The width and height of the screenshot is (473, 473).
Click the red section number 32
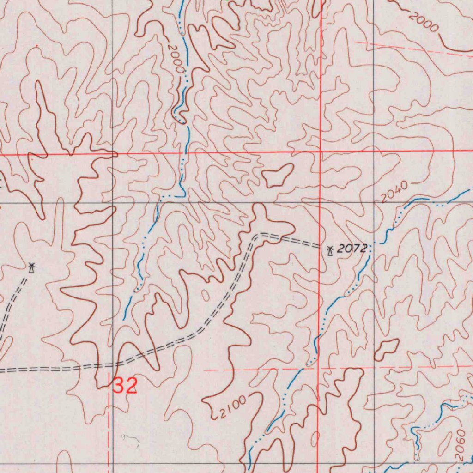click(x=125, y=385)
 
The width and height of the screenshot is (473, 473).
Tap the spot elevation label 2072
click(x=352, y=249)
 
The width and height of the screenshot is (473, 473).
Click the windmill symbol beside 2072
click(x=330, y=251)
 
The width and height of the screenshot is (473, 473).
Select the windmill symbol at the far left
click(x=31, y=267)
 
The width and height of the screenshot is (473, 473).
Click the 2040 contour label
click(x=395, y=192)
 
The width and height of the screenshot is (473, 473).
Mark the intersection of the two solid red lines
click(x=321, y=152)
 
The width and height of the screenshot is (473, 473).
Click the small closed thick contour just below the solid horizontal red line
click(x=278, y=176)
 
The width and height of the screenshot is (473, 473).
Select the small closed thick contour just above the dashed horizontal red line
click(x=386, y=349)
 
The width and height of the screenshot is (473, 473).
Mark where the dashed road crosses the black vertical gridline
click(x=113, y=365)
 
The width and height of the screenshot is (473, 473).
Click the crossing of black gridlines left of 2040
click(x=373, y=203)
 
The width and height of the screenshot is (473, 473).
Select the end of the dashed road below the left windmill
click(x=1, y=342)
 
